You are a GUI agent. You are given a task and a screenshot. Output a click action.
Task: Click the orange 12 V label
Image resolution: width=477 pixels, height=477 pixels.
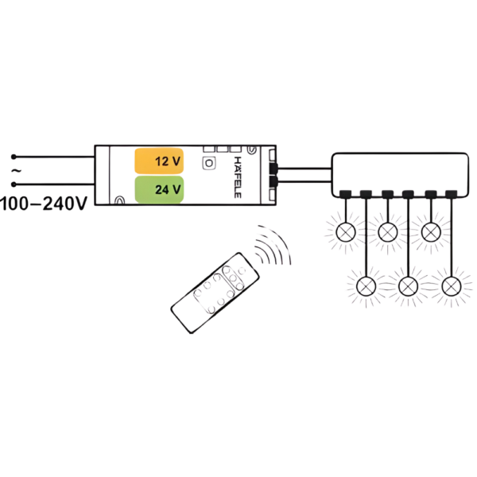pyautogui.click(x=159, y=161)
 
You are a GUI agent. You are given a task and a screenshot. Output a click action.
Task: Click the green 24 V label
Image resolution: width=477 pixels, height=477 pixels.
pyautogui.click(x=159, y=189)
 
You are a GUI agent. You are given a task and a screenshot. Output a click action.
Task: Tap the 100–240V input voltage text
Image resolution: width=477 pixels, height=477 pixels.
pyautogui.click(x=44, y=204)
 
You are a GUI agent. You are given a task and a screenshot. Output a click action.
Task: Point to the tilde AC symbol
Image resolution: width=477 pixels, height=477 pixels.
pyautogui.click(x=16, y=171)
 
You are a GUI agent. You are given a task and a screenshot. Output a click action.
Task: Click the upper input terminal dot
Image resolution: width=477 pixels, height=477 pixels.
pyautogui.click(x=14, y=157)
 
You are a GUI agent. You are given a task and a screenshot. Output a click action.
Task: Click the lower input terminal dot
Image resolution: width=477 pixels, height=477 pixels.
pyautogui.click(x=14, y=184)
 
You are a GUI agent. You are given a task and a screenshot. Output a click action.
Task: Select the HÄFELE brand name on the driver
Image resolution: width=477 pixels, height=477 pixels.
pyautogui.click(x=238, y=177)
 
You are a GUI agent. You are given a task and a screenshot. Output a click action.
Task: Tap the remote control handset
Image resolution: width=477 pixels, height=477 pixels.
pyautogui.click(x=215, y=293)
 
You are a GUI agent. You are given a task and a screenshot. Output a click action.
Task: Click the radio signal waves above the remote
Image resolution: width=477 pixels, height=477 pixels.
pyautogui.click(x=273, y=245)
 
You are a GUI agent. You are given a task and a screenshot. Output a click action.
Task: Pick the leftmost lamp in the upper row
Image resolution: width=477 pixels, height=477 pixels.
pyautogui.click(x=346, y=232)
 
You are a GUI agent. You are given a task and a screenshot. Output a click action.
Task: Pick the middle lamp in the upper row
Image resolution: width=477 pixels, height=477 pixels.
pyautogui.click(x=388, y=232)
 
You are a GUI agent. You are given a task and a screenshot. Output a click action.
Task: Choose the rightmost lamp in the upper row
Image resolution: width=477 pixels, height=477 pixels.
pyautogui.click(x=431, y=232)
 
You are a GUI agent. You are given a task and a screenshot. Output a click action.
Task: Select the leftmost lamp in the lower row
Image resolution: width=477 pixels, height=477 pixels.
pyautogui.click(x=366, y=286)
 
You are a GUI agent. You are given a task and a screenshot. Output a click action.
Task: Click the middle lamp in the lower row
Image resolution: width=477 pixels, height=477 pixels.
pyautogui.click(x=408, y=286)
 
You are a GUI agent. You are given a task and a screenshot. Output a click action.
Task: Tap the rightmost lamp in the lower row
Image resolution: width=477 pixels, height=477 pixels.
pyautogui.click(x=452, y=286)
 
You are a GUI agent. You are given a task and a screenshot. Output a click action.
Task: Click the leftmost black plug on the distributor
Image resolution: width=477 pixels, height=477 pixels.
pyautogui.click(x=346, y=194)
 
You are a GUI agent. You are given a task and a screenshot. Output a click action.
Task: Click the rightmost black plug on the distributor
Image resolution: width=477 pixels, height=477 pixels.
pyautogui.click(x=451, y=194)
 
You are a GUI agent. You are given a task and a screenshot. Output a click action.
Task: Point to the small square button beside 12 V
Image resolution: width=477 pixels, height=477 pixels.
pyautogui.click(x=209, y=163)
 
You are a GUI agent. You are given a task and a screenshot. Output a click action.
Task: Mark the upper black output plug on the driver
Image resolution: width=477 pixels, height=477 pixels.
pyautogui.click(x=273, y=169)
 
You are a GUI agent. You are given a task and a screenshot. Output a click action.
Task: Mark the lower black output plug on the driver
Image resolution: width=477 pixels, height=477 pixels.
pyautogui.click(x=273, y=182)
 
